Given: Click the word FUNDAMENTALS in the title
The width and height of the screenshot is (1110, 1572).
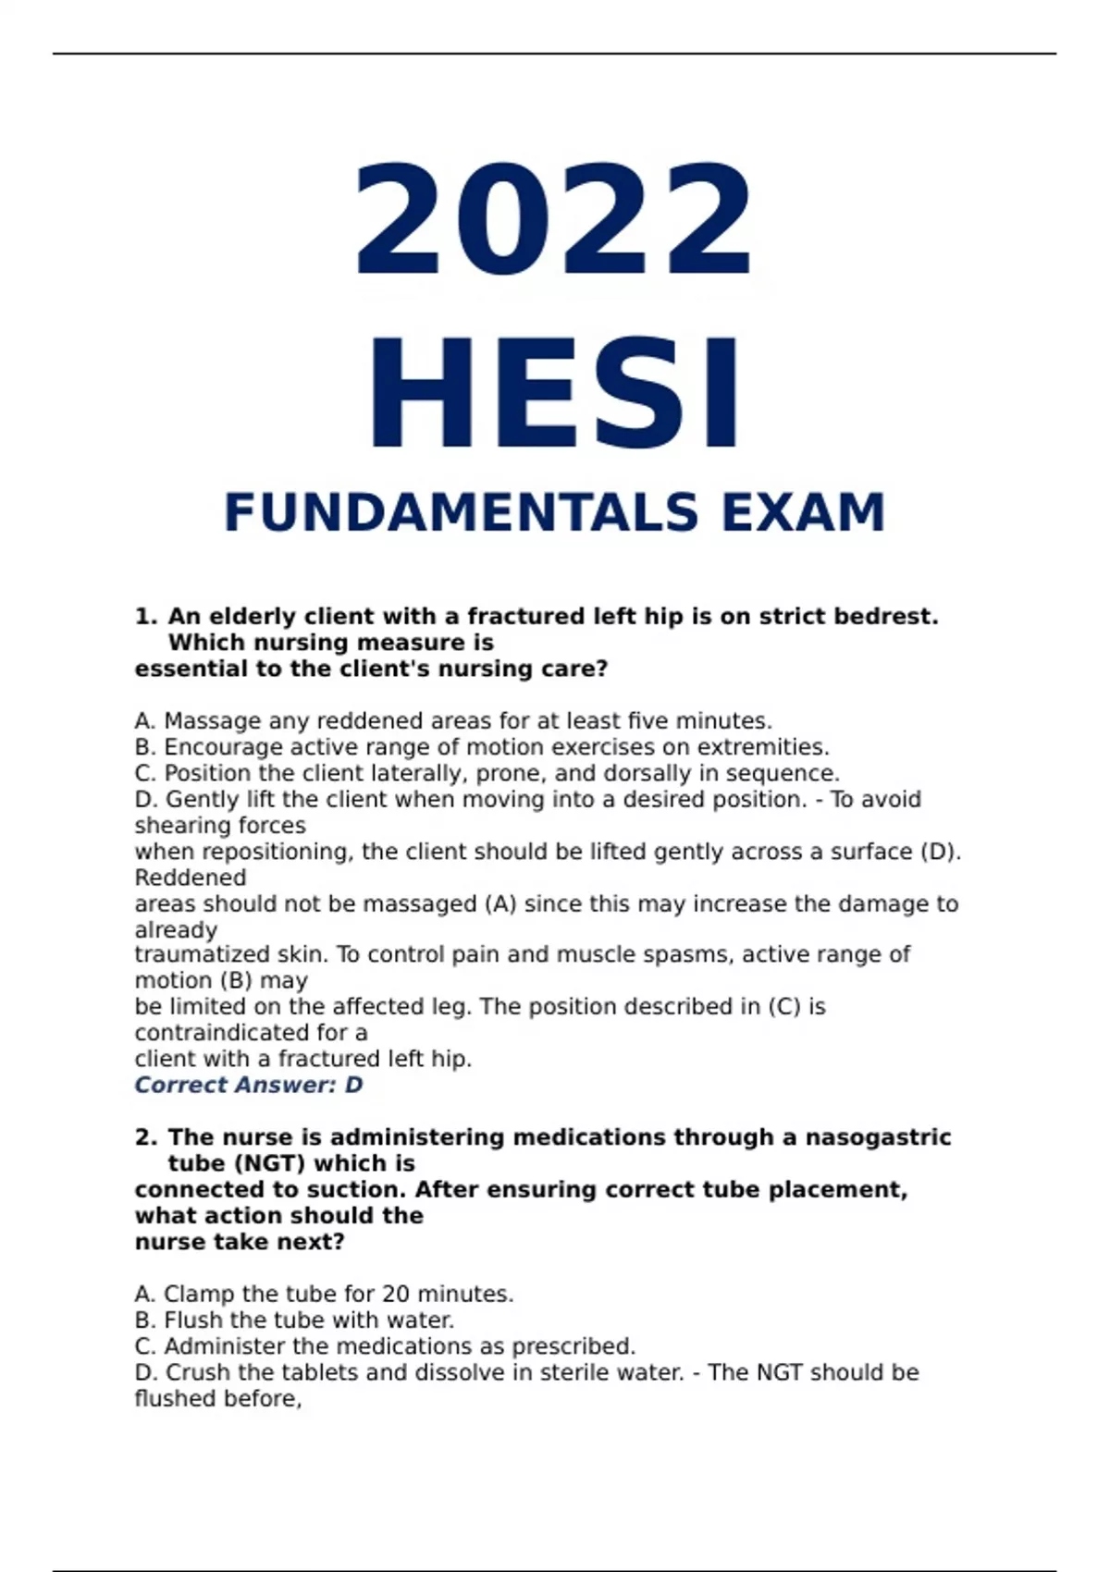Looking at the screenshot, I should click(461, 512).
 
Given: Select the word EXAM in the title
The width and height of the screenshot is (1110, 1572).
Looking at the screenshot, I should click(804, 512).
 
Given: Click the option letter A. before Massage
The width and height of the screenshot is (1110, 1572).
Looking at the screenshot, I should click(144, 721).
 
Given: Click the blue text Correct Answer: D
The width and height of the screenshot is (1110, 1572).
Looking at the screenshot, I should click(248, 1085).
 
